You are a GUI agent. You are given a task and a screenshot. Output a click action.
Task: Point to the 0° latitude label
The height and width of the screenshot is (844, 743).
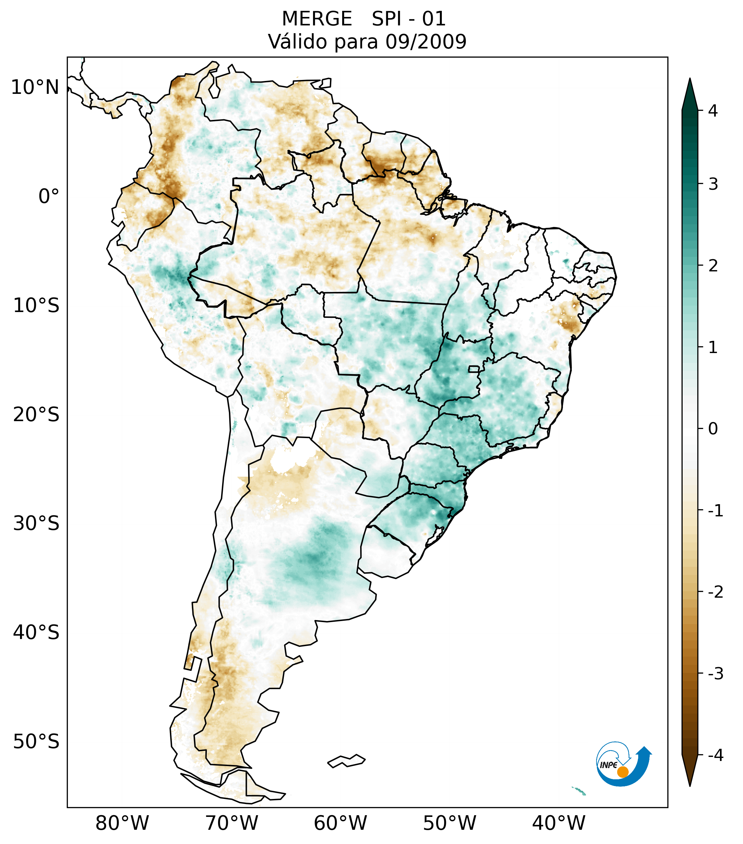pos(49,197)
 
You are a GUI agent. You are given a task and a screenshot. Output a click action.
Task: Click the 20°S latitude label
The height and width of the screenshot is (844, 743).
pos(36,415)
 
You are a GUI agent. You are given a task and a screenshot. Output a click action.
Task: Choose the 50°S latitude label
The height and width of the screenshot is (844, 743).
pos(36,742)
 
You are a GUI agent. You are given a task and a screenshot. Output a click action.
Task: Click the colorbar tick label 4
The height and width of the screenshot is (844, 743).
pos(713,111)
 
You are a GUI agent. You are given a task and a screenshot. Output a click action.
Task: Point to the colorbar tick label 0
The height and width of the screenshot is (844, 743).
pos(713,429)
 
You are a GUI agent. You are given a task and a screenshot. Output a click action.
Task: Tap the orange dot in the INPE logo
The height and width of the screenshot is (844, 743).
pos(622,772)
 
